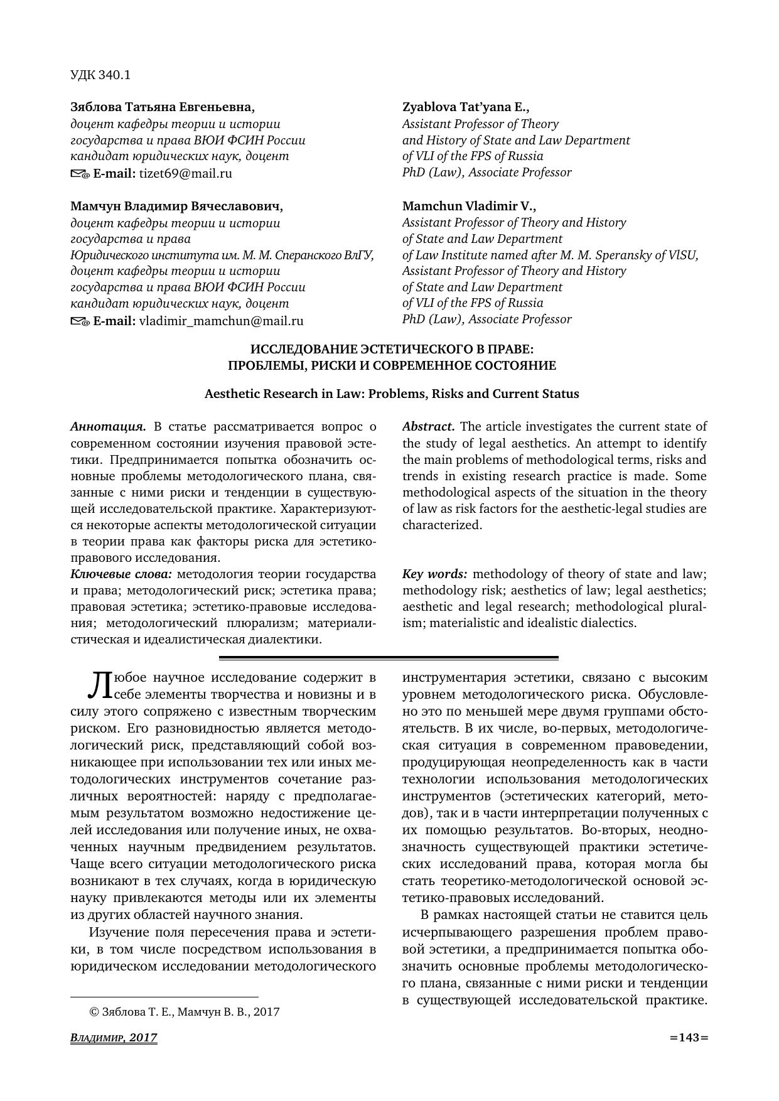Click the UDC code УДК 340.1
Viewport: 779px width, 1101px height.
pyautogui.click(x=100, y=75)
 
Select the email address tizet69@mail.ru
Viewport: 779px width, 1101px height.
pyautogui.click(x=185, y=174)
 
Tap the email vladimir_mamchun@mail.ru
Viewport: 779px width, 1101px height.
pyautogui.click(x=221, y=321)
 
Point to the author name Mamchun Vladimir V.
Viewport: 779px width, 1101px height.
pyautogui.click(x=469, y=206)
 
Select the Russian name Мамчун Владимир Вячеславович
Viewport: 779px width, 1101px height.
pyautogui.click(x=176, y=206)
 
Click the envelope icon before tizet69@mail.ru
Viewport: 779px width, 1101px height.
pyautogui.click(x=80, y=175)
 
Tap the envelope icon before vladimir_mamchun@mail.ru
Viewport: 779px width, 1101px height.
pyautogui.click(x=80, y=322)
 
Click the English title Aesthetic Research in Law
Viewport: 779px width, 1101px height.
pyautogui.click(x=391, y=394)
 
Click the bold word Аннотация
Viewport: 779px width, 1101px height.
pyautogui.click(x=108, y=427)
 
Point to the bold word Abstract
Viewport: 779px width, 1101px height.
pyautogui.click(x=428, y=427)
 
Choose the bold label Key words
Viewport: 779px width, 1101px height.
pyautogui.click(x=434, y=574)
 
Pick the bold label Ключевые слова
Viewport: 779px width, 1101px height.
pyautogui.click(x=121, y=574)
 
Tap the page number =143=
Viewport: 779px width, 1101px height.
pyautogui.click(x=689, y=1038)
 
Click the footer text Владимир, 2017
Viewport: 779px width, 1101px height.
pyautogui.click(x=114, y=1038)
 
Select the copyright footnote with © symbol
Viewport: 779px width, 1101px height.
pyautogui.click(x=185, y=1012)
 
